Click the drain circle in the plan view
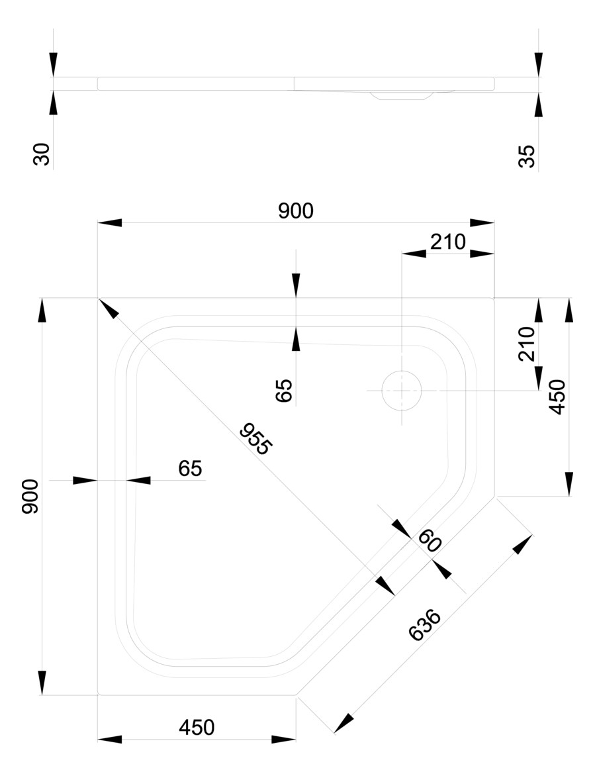(x=401, y=390)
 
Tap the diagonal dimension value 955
(x=255, y=438)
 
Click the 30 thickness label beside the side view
(x=42, y=156)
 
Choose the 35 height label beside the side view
(x=527, y=156)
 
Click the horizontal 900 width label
(x=295, y=211)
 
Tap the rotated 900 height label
(x=30, y=497)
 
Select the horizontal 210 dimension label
(x=448, y=242)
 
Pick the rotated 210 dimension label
(x=527, y=344)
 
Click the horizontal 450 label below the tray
(x=197, y=728)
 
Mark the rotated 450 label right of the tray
(x=557, y=397)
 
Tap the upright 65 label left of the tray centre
(x=189, y=469)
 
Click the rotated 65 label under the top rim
(x=284, y=391)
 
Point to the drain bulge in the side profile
(x=401, y=95)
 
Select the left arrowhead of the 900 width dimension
(x=109, y=222)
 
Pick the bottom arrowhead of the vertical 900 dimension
(x=42, y=683)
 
